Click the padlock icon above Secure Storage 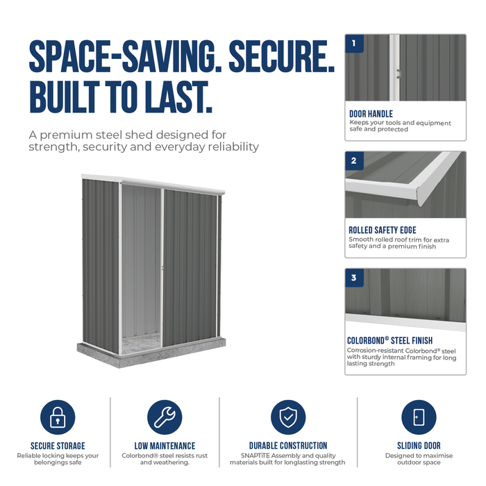pyautogui.click(x=58, y=417)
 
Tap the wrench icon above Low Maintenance pyautogui.click(x=165, y=417)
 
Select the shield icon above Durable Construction pyautogui.click(x=288, y=417)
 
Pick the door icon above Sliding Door pyautogui.click(x=419, y=417)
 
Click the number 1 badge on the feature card pyautogui.click(x=354, y=43)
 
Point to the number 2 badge pyautogui.click(x=354, y=160)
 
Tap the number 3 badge pyautogui.click(x=354, y=278)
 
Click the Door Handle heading pyautogui.click(x=371, y=114)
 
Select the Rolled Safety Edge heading pyautogui.click(x=383, y=230)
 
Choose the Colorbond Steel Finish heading pyautogui.click(x=389, y=340)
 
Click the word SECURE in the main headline pyautogui.click(x=281, y=56)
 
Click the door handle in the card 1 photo pyautogui.click(x=399, y=74)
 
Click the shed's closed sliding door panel pyautogui.click(x=190, y=268)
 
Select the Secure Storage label pyautogui.click(x=58, y=446)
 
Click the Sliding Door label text pyautogui.click(x=419, y=446)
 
